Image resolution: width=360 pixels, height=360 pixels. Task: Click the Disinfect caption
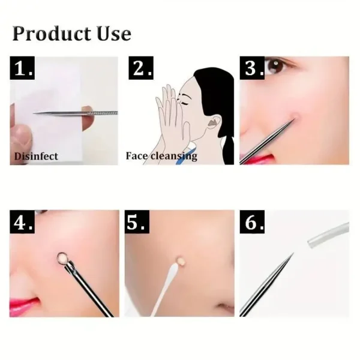(37, 156)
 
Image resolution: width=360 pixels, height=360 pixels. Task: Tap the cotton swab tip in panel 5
(178, 262)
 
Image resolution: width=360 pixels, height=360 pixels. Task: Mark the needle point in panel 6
(292, 254)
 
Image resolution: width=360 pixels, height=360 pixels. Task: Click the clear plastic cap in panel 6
(328, 236)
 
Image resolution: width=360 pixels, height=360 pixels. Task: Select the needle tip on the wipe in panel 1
(36, 113)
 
